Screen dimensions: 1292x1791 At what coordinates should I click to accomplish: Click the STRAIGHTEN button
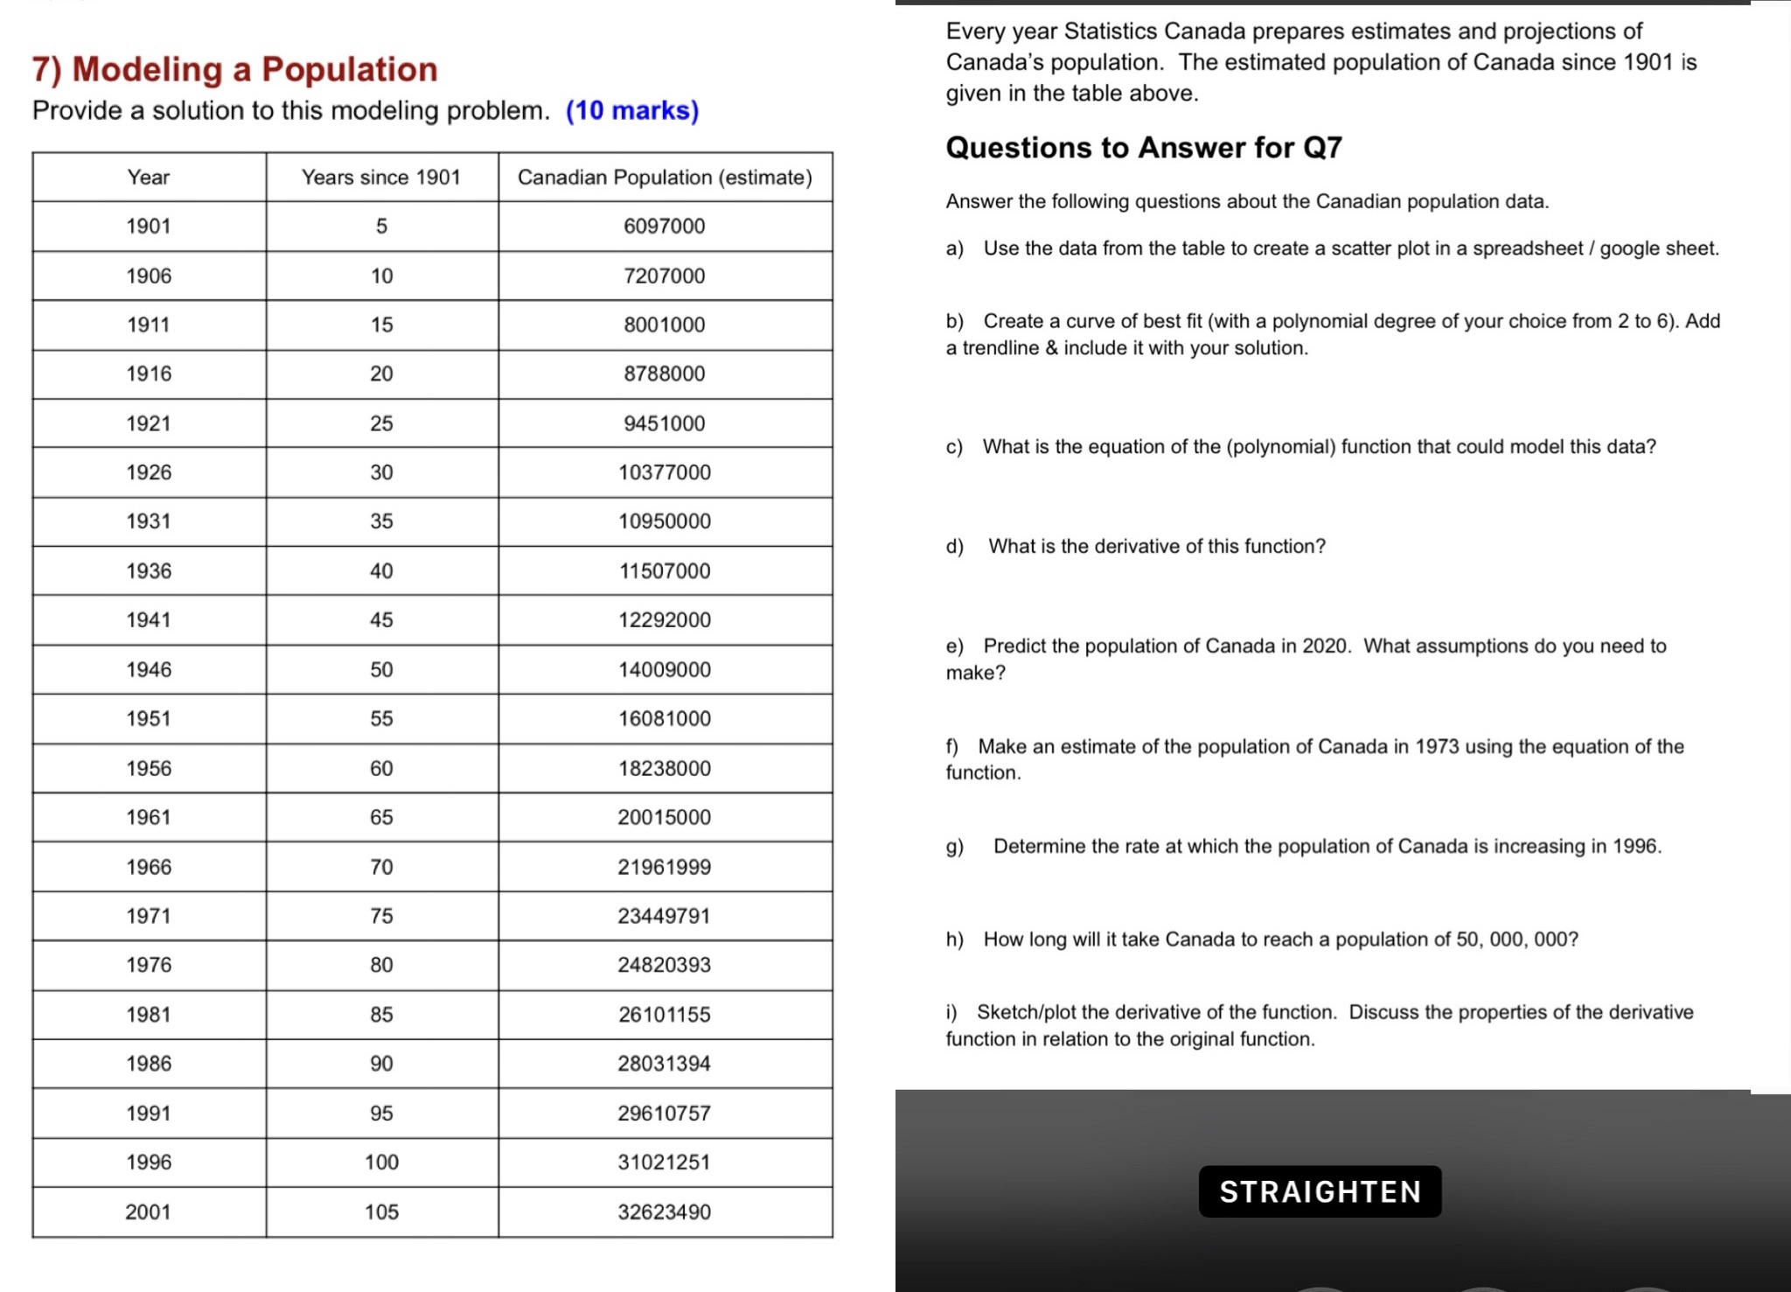click(x=1320, y=1191)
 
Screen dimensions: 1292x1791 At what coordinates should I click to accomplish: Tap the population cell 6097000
click(x=664, y=227)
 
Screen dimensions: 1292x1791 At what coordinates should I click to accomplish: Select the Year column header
click(x=149, y=178)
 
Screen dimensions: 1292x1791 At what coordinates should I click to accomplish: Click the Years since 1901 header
click(x=381, y=178)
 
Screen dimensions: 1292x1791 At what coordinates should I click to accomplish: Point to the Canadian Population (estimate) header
click(x=665, y=178)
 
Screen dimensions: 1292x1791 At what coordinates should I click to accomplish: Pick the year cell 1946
click(x=149, y=670)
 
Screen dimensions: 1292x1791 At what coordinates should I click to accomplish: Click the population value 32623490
click(x=664, y=1212)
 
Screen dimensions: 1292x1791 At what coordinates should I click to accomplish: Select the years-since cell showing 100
click(x=381, y=1163)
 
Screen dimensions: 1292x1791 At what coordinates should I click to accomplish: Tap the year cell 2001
click(x=149, y=1212)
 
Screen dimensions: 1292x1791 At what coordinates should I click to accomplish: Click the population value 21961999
click(x=664, y=868)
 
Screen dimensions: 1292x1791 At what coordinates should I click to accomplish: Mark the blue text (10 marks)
click(x=632, y=111)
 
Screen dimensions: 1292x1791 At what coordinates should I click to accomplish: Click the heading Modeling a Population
click(x=254, y=69)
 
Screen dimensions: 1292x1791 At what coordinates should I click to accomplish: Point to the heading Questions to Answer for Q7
click(x=1143, y=148)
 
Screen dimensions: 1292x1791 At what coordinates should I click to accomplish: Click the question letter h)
click(x=954, y=939)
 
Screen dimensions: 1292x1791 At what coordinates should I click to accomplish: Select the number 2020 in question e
click(x=1326, y=646)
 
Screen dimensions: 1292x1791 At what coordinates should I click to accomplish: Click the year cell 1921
click(x=149, y=424)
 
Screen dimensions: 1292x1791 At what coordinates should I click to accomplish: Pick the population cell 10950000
click(x=664, y=522)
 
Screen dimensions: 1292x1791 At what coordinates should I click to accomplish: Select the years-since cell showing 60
click(x=381, y=769)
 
